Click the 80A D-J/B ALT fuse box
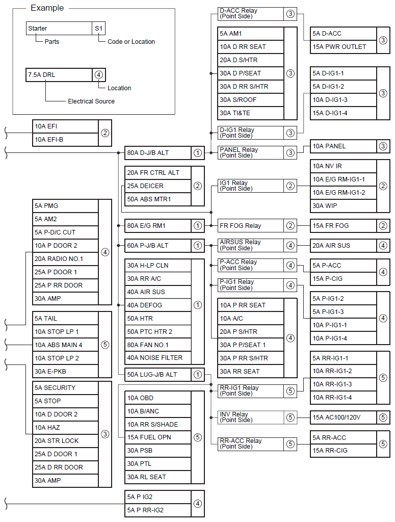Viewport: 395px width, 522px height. click(x=157, y=152)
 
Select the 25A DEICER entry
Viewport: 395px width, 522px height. click(x=157, y=186)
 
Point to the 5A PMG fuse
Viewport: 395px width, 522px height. click(x=65, y=206)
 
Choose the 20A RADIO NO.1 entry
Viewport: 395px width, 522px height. click(x=65, y=259)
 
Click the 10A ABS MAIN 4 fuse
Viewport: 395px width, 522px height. click(x=65, y=345)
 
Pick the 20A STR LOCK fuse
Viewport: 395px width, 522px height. click(x=65, y=440)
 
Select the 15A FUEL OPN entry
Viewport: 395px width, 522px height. click(x=157, y=437)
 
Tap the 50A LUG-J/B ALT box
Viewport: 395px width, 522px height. click(x=157, y=375)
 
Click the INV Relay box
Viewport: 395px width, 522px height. click(x=250, y=417)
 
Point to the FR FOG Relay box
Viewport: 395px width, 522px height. click(x=250, y=225)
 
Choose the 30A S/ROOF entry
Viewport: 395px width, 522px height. click(x=250, y=100)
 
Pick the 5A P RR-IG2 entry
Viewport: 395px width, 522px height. click(x=157, y=510)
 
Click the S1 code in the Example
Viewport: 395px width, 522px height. click(x=99, y=29)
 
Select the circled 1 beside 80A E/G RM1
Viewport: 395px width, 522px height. click(x=198, y=225)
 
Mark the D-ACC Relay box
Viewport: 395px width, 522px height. click(x=250, y=14)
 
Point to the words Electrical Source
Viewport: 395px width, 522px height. click(x=91, y=101)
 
